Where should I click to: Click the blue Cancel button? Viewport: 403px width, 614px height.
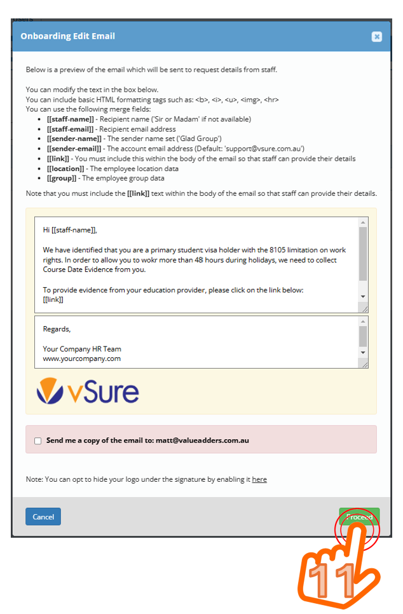point(43,517)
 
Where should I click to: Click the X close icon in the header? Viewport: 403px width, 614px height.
point(377,37)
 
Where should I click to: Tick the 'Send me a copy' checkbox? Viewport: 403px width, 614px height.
point(38,440)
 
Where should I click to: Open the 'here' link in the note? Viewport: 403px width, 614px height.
point(259,479)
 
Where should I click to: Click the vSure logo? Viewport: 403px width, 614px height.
point(87,391)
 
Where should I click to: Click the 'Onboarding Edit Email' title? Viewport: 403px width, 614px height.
point(67,36)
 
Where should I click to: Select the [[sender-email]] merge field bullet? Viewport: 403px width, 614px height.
point(74,148)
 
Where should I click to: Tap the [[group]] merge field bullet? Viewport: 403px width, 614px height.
point(62,178)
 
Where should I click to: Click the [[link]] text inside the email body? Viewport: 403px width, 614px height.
point(53,299)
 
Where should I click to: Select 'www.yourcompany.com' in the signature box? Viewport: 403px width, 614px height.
point(82,358)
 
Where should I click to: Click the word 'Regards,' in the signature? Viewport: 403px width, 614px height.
point(57,329)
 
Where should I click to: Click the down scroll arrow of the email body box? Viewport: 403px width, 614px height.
point(363,297)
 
